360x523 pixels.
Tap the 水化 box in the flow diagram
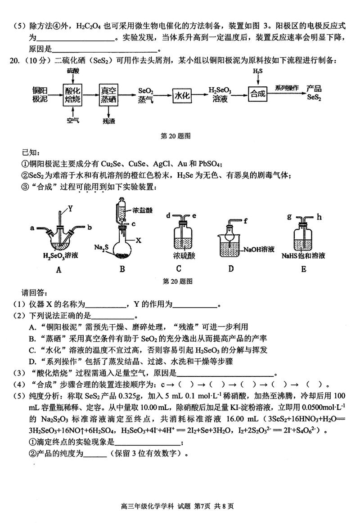[x=183, y=95]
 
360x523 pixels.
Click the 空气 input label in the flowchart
[x=72, y=120]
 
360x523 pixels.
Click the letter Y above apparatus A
[x=70, y=208]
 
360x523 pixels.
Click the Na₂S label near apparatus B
[x=100, y=247]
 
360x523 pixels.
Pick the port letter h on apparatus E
[x=319, y=217]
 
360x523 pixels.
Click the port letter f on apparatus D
[x=246, y=220]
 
